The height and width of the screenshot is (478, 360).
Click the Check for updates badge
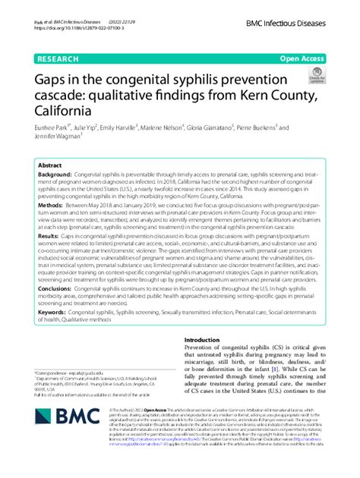tap(316, 77)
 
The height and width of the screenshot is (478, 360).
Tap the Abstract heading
tap(50, 165)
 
